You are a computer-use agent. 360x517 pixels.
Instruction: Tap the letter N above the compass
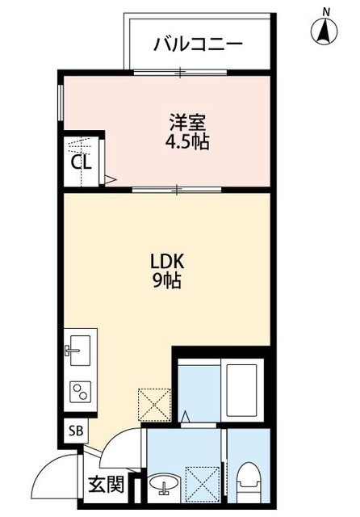326,10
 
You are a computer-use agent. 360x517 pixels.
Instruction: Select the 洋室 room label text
187,124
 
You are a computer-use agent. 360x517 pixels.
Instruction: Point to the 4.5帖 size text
187,142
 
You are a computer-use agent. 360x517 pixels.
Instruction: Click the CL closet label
82,161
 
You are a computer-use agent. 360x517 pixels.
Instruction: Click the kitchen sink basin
79,351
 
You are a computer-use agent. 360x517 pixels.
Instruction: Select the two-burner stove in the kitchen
80,393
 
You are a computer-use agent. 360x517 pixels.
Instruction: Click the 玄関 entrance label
106,485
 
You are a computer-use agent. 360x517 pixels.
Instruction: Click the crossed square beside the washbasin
200,483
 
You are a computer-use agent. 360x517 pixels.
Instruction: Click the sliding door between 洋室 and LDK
175,189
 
